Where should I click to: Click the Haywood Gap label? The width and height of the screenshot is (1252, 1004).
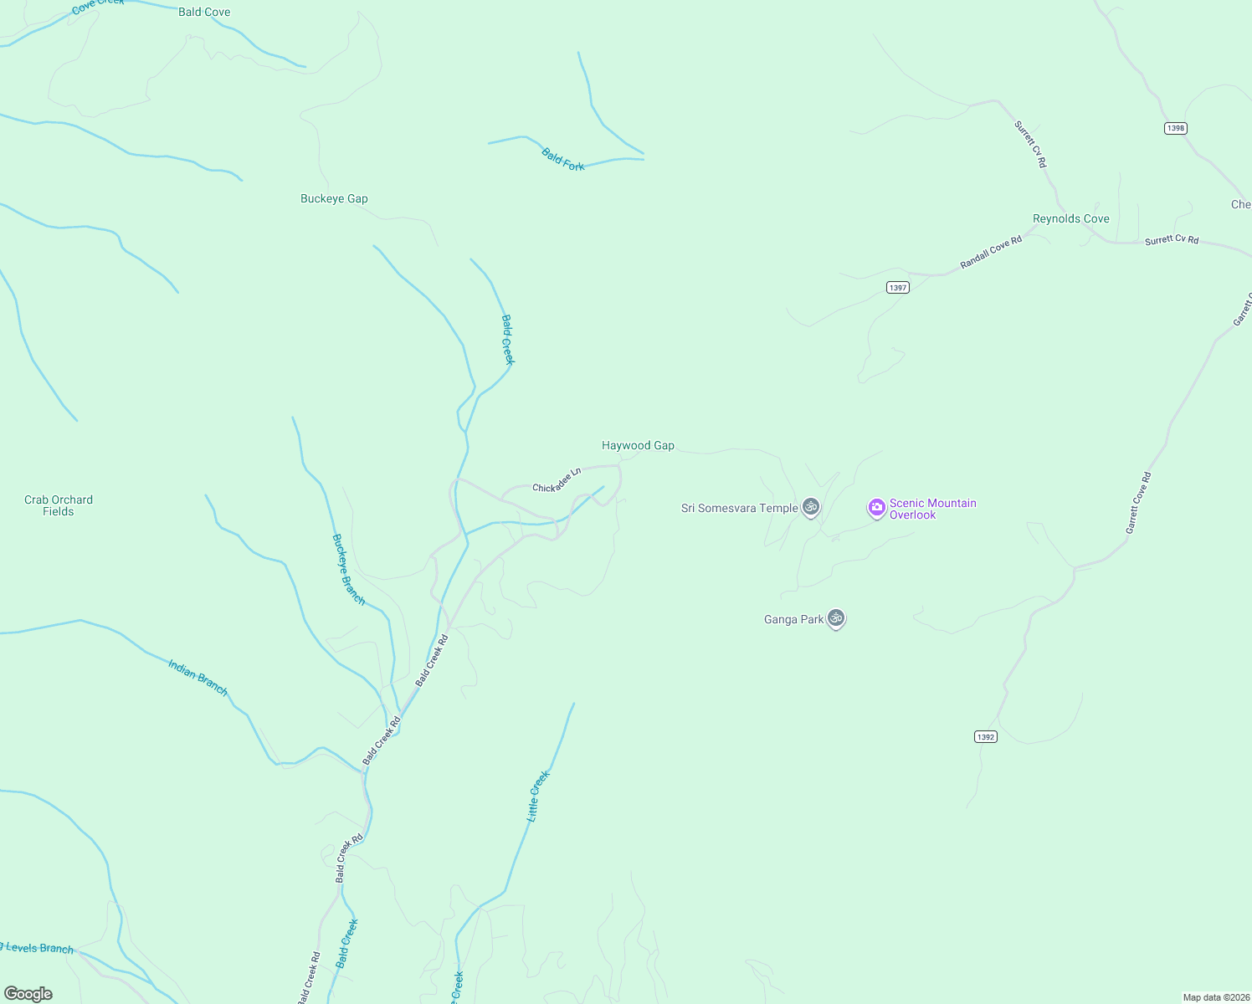[x=638, y=446]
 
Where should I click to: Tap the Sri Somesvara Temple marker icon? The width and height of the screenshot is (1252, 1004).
[x=810, y=507]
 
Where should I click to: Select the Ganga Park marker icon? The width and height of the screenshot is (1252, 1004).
[x=835, y=618]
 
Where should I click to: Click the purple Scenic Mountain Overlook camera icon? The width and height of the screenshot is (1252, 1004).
[x=876, y=507]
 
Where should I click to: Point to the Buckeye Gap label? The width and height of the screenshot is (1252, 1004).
[x=334, y=199]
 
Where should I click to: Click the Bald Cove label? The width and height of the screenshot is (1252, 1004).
[x=204, y=13]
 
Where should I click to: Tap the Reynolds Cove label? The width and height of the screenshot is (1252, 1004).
[x=1070, y=219]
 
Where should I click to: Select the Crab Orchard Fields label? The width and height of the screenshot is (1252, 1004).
[x=59, y=505]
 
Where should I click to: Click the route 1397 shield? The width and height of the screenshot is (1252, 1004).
[x=897, y=287]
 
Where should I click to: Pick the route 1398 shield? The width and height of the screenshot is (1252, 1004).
[x=1176, y=128]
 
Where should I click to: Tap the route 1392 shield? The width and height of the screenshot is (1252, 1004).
[x=986, y=736]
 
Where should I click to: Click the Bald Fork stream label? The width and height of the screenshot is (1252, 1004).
[x=562, y=160]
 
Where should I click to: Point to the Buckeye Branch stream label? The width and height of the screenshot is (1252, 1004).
[x=348, y=569]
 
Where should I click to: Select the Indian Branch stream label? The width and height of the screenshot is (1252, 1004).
[x=198, y=678]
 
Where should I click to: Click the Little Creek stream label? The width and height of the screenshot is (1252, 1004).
[x=537, y=797]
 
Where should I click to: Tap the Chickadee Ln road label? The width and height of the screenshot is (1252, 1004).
[x=557, y=480]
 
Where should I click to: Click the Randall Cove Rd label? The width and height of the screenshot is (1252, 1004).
[x=991, y=252]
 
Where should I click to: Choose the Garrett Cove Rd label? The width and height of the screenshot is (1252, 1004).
[x=1138, y=503]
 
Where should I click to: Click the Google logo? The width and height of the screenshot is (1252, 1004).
[x=28, y=993]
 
